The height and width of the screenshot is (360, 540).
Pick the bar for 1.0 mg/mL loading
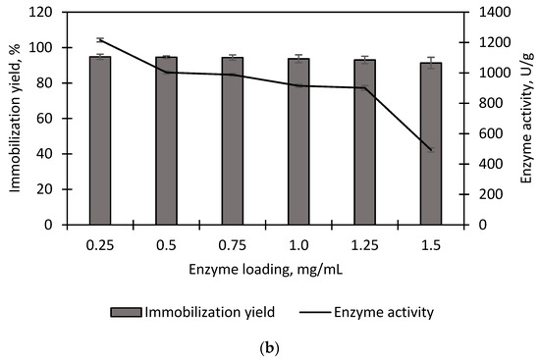pyautogui.click(x=298, y=141)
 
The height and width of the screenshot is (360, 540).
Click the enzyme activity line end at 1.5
pyautogui.click(x=430, y=150)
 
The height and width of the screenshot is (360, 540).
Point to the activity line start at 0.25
pyautogui.click(x=100, y=40)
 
